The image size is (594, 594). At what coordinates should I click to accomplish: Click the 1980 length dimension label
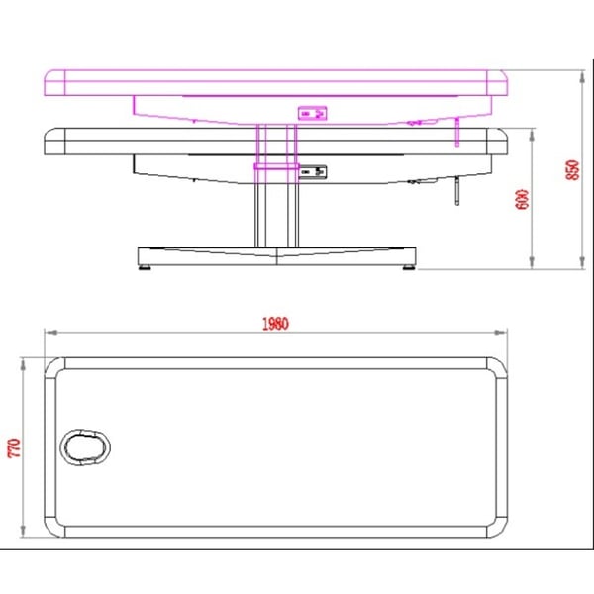275,324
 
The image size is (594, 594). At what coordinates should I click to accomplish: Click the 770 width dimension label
14,447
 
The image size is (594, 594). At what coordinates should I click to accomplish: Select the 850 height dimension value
572,170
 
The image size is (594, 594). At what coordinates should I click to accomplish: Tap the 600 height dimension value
522,199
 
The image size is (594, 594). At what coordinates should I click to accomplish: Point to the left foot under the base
145,267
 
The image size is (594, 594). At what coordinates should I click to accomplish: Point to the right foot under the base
408,267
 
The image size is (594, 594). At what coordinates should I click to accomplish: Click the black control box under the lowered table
313,172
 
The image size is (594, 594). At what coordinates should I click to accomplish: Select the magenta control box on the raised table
312,113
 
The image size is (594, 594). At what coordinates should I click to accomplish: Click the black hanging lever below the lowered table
457,190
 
